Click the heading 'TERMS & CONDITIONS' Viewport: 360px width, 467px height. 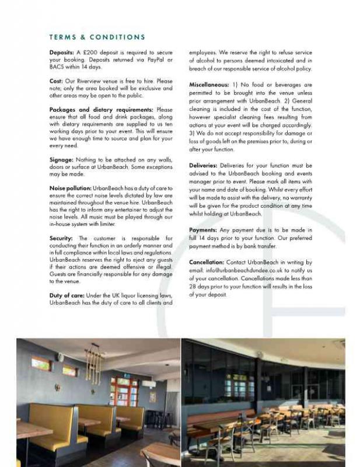[x=97, y=37]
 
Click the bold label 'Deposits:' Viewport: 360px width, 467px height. [x=62, y=53]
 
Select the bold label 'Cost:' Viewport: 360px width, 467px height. [x=57, y=81]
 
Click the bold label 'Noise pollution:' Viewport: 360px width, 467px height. [x=71, y=188]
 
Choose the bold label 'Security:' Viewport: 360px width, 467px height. [x=61, y=238]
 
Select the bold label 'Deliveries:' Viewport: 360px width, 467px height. [x=205, y=166]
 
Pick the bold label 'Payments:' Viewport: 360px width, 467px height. [x=204, y=230]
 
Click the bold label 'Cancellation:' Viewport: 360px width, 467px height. [x=207, y=263]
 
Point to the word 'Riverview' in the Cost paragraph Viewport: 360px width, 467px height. [x=99, y=81]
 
